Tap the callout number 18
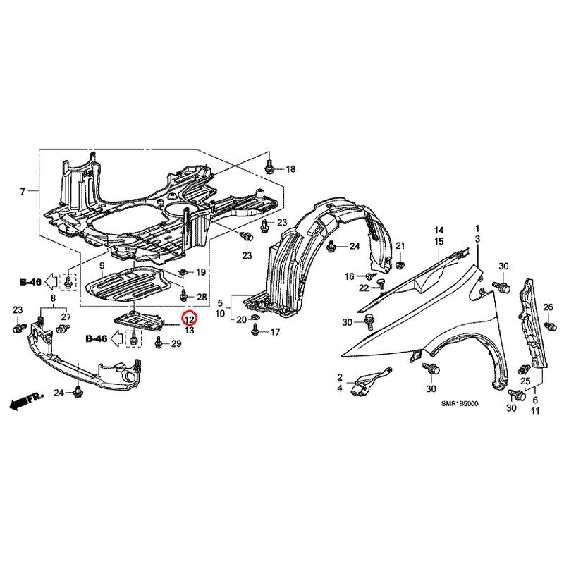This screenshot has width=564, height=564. tap(290, 169)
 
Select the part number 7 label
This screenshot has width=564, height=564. tap(23, 191)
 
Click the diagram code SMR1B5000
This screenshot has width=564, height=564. tap(460, 404)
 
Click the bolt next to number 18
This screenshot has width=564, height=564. tap(269, 167)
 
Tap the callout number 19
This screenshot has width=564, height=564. tap(201, 272)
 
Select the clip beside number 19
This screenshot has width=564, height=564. tap(184, 272)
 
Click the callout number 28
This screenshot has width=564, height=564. tap(202, 297)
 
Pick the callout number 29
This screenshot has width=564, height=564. tap(176, 344)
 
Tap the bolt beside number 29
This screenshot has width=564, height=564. tap(158, 343)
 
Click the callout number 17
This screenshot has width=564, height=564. tap(275, 332)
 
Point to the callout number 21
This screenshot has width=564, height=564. tap(400, 246)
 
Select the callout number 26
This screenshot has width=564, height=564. tap(548, 307)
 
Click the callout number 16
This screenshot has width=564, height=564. tap(350, 276)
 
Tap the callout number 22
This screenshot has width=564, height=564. tap(364, 288)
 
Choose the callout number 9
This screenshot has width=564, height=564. tap(102, 266)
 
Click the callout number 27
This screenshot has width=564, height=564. tap(66, 317)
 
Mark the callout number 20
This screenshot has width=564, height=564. tap(241, 319)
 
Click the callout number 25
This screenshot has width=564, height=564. tap(525, 381)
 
